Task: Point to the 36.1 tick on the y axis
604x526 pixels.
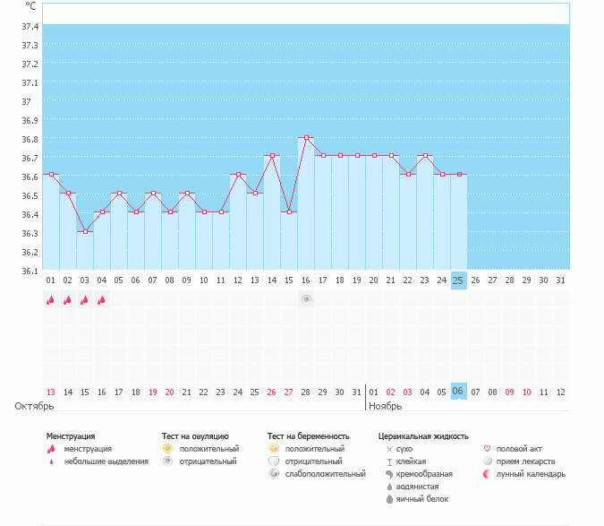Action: point(30,271)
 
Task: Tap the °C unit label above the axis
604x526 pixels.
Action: point(31,5)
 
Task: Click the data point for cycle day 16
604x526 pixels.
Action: point(306,137)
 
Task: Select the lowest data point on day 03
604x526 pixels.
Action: point(85,231)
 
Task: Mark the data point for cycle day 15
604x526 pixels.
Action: point(289,211)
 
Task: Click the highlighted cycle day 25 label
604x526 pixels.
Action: point(458,280)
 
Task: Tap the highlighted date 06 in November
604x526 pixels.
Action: point(458,392)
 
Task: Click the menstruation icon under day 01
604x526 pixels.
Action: point(51,300)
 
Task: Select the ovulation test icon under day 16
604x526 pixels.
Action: point(306,299)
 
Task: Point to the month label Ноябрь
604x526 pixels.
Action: point(387,406)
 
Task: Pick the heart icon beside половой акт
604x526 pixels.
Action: point(487,449)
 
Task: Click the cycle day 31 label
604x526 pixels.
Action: point(560,280)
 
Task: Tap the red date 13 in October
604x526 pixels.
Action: point(51,392)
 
